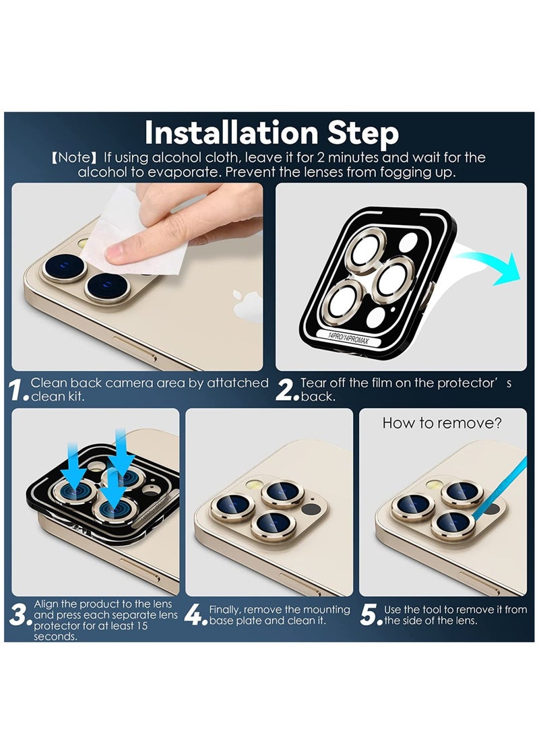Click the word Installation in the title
(x=232, y=133)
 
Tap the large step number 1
(x=16, y=390)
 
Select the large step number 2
(x=284, y=390)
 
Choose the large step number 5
(x=369, y=614)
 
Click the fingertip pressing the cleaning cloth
(x=117, y=253)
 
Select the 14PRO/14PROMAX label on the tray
(x=348, y=338)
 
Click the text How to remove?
(x=442, y=423)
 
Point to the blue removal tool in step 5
(x=500, y=488)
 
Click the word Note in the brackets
(x=73, y=157)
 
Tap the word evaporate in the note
(x=184, y=172)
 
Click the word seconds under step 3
(x=55, y=637)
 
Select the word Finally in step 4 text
(x=225, y=610)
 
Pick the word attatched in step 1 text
(x=238, y=383)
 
